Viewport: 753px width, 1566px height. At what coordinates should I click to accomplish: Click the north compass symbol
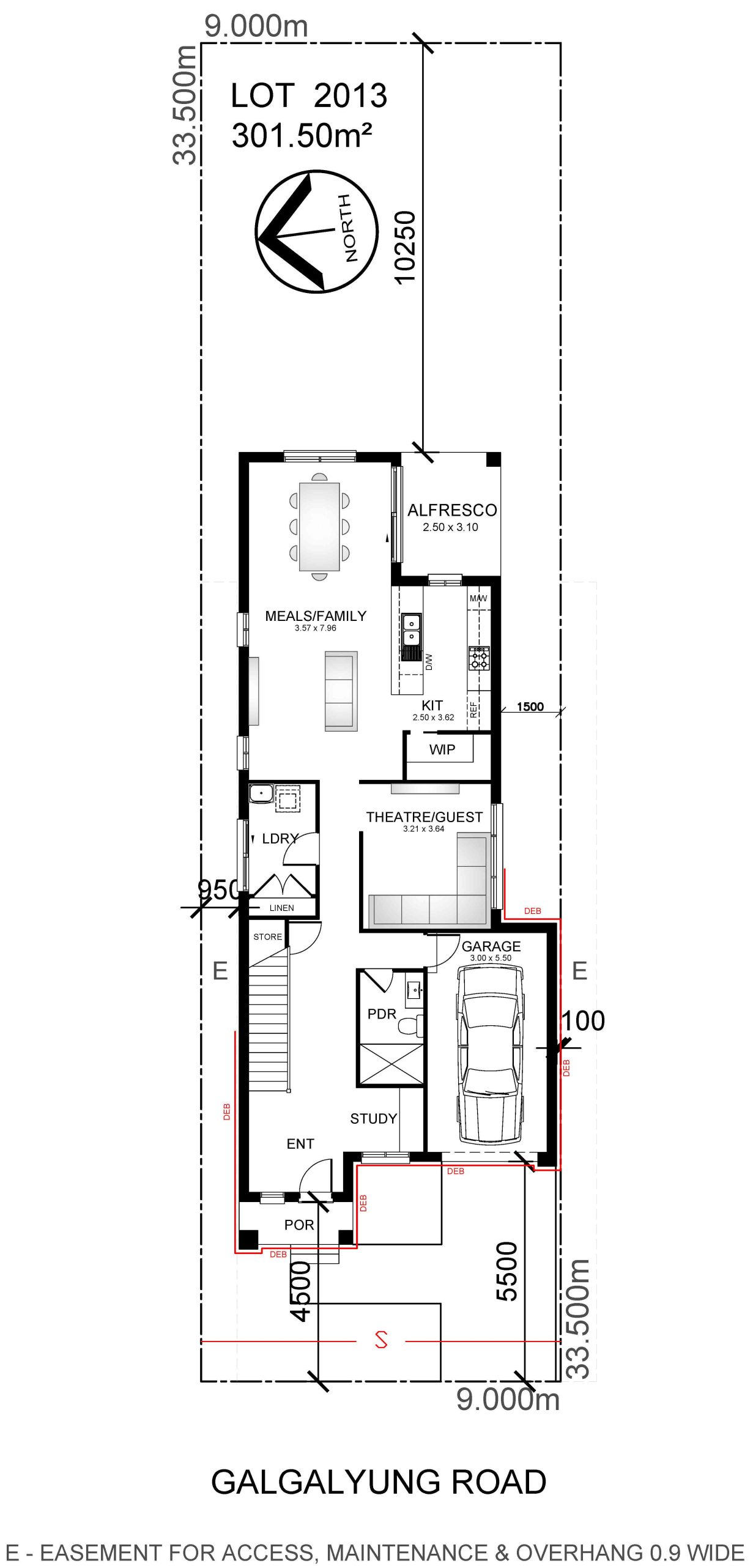pyautogui.click(x=316, y=232)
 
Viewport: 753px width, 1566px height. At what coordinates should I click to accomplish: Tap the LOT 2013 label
pyautogui.click(x=309, y=96)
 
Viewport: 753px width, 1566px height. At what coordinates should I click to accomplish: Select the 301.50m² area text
pyautogui.click(x=302, y=135)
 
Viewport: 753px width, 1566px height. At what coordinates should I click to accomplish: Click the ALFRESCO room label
pyautogui.click(x=452, y=510)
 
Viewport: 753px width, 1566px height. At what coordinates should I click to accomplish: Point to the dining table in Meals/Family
pyautogui.click(x=319, y=526)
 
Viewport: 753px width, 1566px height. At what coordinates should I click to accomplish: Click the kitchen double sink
pyautogui.click(x=412, y=629)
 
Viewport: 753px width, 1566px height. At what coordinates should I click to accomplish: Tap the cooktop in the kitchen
pyautogui.click(x=480, y=658)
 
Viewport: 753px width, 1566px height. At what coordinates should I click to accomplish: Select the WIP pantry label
pyautogui.click(x=442, y=750)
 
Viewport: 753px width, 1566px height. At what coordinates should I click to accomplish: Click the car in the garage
pyautogui.click(x=490, y=1055)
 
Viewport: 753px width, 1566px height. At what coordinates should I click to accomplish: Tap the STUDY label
pyautogui.click(x=373, y=1119)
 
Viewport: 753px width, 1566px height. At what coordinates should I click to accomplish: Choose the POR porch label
pyautogui.click(x=299, y=1225)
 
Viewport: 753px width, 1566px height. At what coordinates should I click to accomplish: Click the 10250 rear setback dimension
pyautogui.click(x=405, y=248)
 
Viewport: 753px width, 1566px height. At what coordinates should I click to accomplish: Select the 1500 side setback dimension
pyautogui.click(x=530, y=707)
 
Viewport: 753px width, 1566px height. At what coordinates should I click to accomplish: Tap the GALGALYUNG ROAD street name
pyautogui.click(x=379, y=1482)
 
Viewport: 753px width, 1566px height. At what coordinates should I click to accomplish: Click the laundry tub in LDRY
pyautogui.click(x=261, y=793)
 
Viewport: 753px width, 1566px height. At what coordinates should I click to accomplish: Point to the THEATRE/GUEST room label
pyautogui.click(x=424, y=817)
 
